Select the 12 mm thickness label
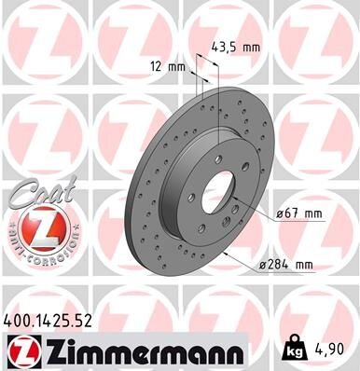coord(168,66)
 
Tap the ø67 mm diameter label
coord(299,214)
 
